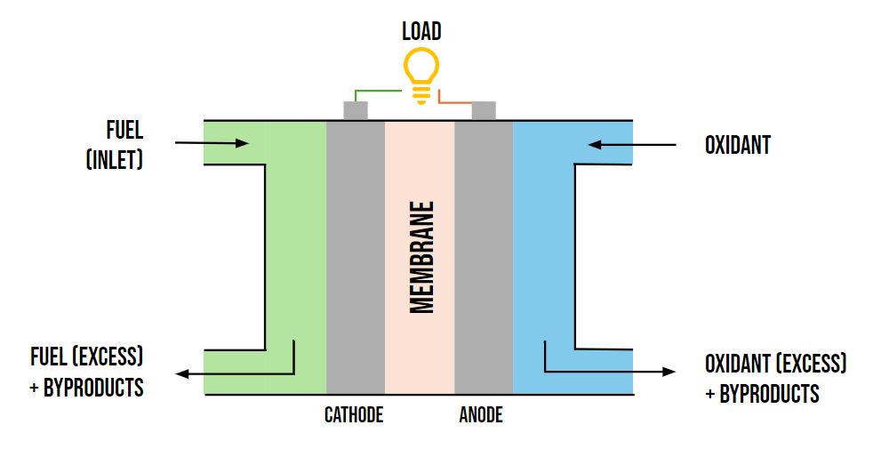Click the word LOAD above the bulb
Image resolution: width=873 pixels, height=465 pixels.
(421, 33)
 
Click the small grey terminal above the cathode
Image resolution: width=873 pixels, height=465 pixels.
(356, 111)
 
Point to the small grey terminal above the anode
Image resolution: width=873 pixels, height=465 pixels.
(484, 111)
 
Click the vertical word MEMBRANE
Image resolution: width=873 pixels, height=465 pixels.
(422, 258)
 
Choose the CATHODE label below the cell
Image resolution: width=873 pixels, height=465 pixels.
(354, 415)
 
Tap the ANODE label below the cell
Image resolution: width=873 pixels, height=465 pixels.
(481, 415)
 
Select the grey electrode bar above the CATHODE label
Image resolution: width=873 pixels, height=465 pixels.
(356, 258)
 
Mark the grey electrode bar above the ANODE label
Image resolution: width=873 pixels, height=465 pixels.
(484, 258)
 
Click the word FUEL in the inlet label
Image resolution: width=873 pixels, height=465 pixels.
(124, 131)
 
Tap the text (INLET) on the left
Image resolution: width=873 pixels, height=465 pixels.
(115, 161)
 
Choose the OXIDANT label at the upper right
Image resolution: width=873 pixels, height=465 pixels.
(737, 145)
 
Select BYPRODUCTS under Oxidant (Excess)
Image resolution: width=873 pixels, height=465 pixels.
(769, 393)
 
